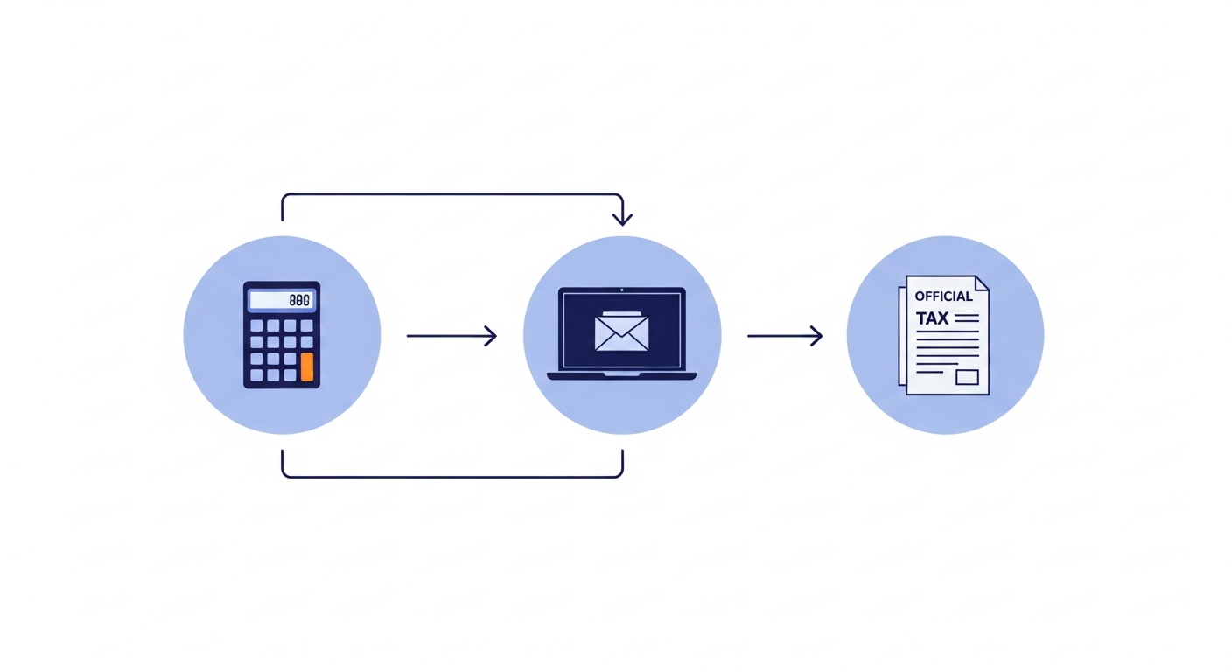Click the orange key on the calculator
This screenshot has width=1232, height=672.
tap(306, 367)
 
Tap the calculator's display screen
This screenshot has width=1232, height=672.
tap(281, 300)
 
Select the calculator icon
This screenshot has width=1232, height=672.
tap(281, 334)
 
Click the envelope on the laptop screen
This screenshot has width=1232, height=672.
tap(621, 332)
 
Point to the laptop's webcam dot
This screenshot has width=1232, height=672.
tap(621, 290)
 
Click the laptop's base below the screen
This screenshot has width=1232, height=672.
tap(621, 376)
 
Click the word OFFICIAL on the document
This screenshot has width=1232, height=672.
tap(943, 297)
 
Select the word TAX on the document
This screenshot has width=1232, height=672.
tap(932, 318)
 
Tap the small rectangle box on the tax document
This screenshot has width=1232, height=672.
tap(966, 377)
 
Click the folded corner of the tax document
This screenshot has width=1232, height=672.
tap(982, 283)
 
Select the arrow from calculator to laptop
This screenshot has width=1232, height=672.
tap(451, 335)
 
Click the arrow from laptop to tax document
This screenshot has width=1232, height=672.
tap(784, 335)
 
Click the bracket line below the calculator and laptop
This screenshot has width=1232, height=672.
tap(451, 477)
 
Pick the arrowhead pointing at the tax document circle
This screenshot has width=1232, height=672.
tap(817, 335)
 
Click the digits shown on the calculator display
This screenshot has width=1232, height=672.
tap(298, 300)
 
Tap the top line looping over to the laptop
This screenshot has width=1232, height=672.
tap(451, 194)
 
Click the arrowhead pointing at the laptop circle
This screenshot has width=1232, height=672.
tap(492, 335)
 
